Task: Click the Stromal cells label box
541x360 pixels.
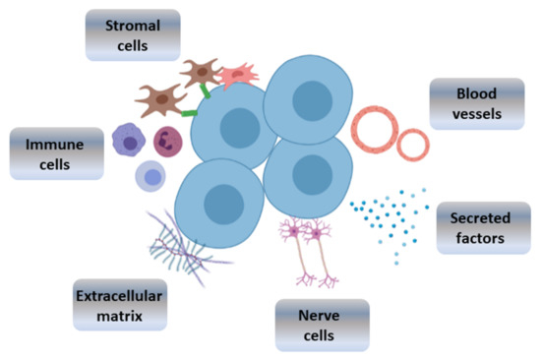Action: [x=133, y=33]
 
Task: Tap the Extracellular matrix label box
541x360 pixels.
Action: [x=119, y=304]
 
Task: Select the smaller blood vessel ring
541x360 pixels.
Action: [x=413, y=145]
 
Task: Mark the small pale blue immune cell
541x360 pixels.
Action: [x=150, y=177]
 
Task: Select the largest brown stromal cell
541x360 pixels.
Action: [x=160, y=100]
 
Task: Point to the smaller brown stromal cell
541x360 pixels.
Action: [x=201, y=71]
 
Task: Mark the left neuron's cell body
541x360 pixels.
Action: [x=294, y=231]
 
